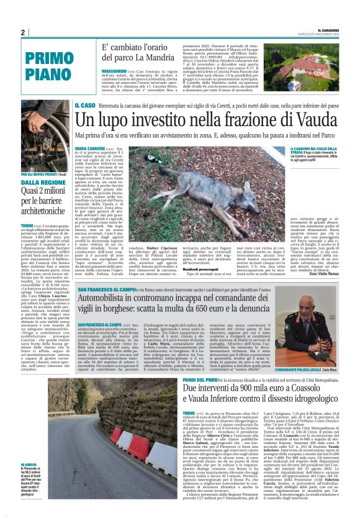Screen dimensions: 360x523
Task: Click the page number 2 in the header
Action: [22, 32]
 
